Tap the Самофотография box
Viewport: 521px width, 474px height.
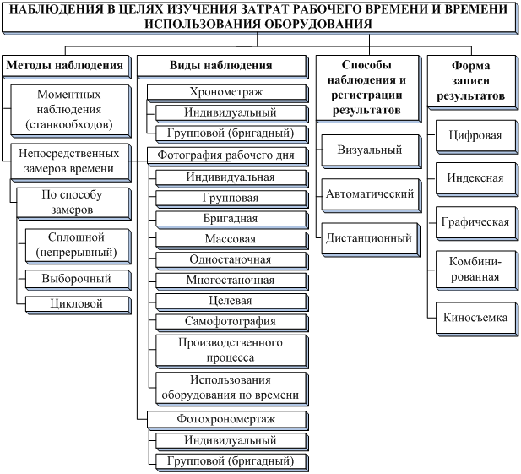tap(230, 321)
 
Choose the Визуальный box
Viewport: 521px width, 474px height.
tap(369, 150)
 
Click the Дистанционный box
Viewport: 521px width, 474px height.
tap(369, 238)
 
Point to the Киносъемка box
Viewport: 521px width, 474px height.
tap(472, 317)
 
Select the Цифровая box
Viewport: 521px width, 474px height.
tap(472, 134)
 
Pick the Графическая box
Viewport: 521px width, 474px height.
tap(472, 222)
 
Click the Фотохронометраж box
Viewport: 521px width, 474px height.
tap(225, 419)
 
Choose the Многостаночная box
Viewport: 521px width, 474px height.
tap(230, 280)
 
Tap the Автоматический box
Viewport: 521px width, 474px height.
tap(369, 194)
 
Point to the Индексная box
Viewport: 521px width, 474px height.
tap(472, 178)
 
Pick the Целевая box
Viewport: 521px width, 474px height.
tap(230, 300)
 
